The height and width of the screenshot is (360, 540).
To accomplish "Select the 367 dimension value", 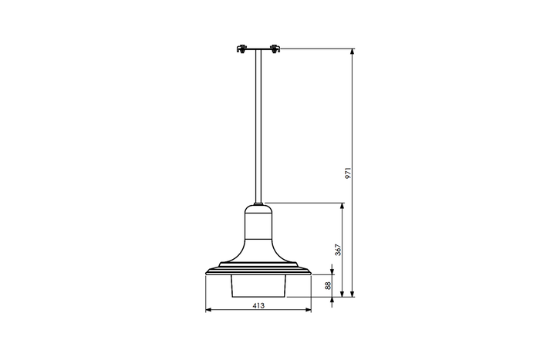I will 337,251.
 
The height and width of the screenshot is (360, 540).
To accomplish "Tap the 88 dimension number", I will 327,284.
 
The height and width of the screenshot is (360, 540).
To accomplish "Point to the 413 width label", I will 258,306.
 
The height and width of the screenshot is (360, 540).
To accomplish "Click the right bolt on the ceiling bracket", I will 272,50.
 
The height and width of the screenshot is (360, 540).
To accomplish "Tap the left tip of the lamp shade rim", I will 206,273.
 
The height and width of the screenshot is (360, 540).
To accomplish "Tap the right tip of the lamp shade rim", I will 311,273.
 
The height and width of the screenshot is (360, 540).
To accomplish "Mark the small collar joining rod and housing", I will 258,204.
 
